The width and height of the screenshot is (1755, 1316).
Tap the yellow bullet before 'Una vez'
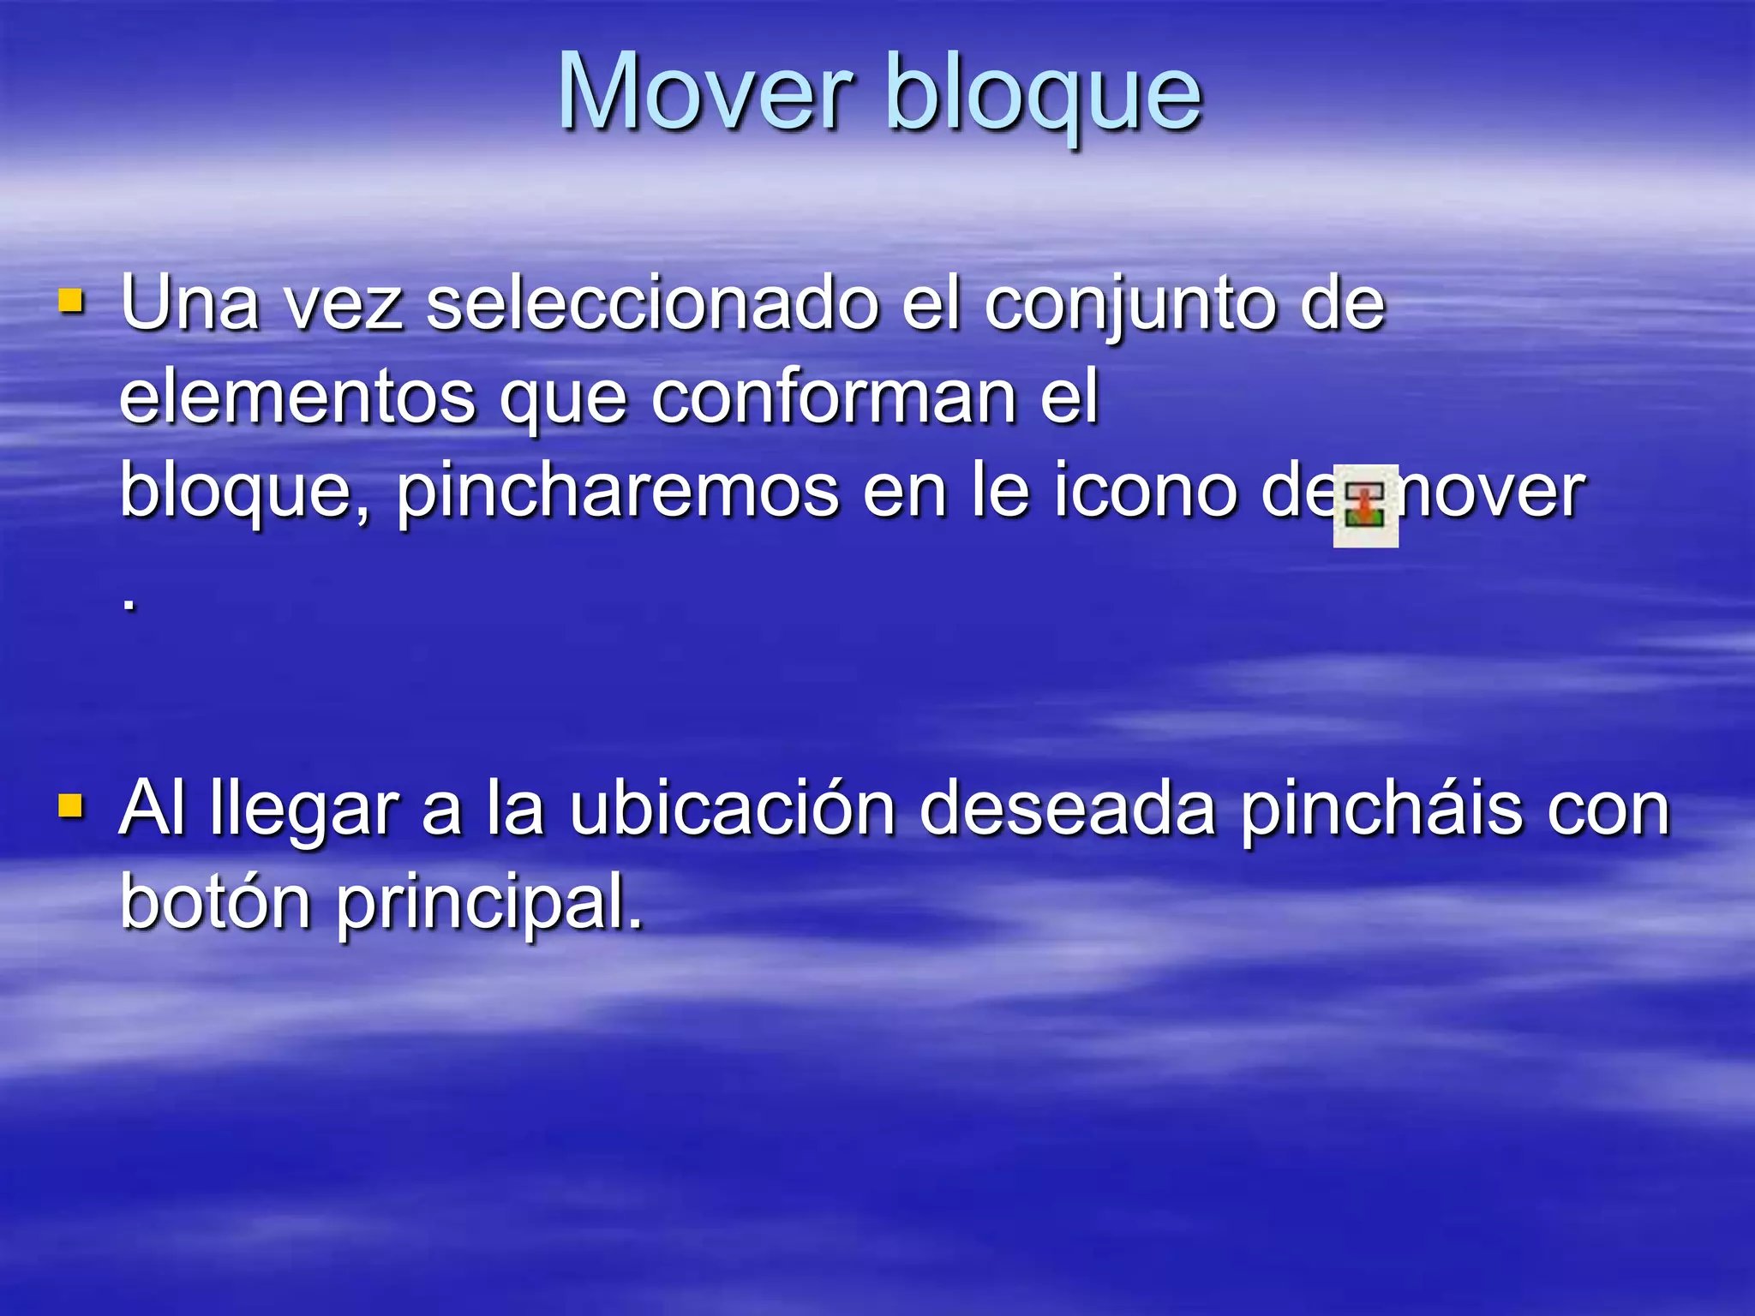[71, 302]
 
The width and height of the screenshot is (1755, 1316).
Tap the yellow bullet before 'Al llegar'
[71, 806]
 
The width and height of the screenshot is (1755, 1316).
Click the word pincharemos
[617, 492]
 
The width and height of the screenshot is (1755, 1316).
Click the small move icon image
[1365, 505]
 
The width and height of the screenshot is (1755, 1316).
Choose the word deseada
[1067, 809]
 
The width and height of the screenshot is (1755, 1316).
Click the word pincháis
[1381, 811]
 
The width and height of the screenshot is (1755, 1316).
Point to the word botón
[215, 901]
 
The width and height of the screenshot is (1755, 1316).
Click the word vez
[343, 305]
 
